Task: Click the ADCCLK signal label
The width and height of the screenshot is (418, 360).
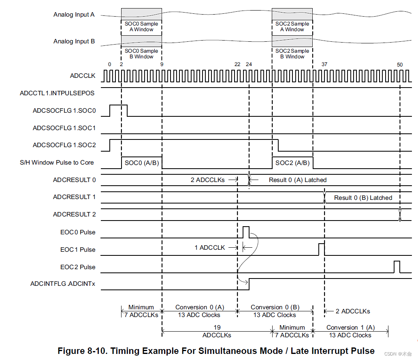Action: pyautogui.click(x=82, y=76)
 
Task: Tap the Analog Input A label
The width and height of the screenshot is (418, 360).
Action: pyautogui.click(x=74, y=15)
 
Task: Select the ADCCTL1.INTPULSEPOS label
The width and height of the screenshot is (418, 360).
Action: pyautogui.click(x=57, y=93)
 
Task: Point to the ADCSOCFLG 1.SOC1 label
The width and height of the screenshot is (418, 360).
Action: pyautogui.click(x=64, y=128)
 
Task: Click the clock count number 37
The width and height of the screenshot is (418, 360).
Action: pyautogui.click(x=324, y=64)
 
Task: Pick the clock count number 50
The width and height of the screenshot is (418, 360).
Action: pyautogui.click(x=400, y=64)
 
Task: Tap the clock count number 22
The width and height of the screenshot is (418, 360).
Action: pyautogui.click(x=237, y=64)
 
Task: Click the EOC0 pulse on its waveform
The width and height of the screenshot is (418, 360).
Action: pyautogui.click(x=246, y=232)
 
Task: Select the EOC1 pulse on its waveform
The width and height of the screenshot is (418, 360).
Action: pyautogui.click(x=322, y=249)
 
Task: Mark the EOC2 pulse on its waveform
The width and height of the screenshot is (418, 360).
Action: pyautogui.click(x=397, y=267)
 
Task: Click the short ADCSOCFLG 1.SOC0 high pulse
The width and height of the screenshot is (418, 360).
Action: pyautogui.click(x=118, y=110)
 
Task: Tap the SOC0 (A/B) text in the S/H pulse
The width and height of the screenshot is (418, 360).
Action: pyautogui.click(x=141, y=163)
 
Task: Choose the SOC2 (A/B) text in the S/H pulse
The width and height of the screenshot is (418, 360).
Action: pyautogui.click(x=292, y=163)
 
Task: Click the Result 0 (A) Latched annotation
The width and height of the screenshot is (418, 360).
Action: pyautogui.click(x=298, y=180)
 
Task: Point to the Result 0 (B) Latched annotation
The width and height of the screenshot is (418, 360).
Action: pyautogui.click(x=363, y=198)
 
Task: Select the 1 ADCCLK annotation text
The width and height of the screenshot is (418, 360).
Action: pyautogui.click(x=209, y=247)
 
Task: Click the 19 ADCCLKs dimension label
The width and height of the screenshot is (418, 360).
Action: pyautogui.click(x=217, y=331)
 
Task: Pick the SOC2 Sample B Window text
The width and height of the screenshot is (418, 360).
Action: pyautogui.click(x=292, y=54)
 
